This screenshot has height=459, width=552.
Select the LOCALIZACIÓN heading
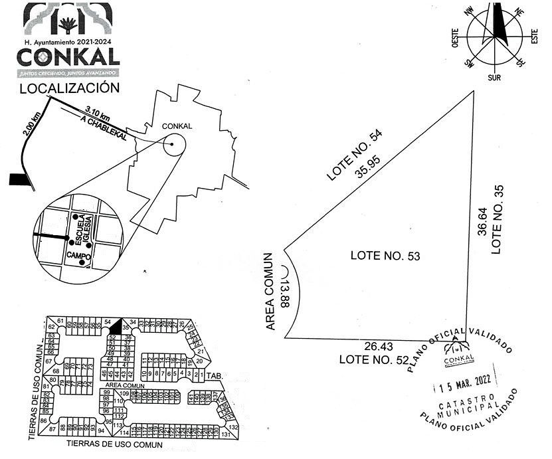[x=69, y=88]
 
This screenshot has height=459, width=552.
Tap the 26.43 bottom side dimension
[x=379, y=346]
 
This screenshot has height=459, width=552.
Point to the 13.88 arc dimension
[x=286, y=293]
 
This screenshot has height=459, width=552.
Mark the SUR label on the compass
[x=494, y=78]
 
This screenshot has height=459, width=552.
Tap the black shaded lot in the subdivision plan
[x=116, y=325]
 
